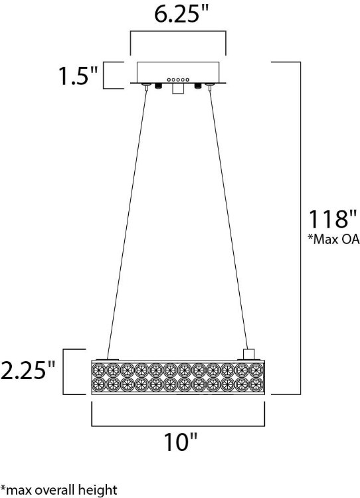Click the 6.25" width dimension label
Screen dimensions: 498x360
click(177, 15)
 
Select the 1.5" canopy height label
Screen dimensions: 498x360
click(74, 76)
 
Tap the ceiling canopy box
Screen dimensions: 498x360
click(177, 71)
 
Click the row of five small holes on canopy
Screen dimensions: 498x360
click(177, 79)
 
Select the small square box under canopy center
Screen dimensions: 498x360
click(177, 89)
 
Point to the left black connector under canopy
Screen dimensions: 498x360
click(159, 86)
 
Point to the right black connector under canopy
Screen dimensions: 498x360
click(197, 86)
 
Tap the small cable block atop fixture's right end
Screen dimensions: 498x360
click(250, 353)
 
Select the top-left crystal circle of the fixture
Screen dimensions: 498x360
click(98, 369)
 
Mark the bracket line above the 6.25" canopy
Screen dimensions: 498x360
click(177, 31)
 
